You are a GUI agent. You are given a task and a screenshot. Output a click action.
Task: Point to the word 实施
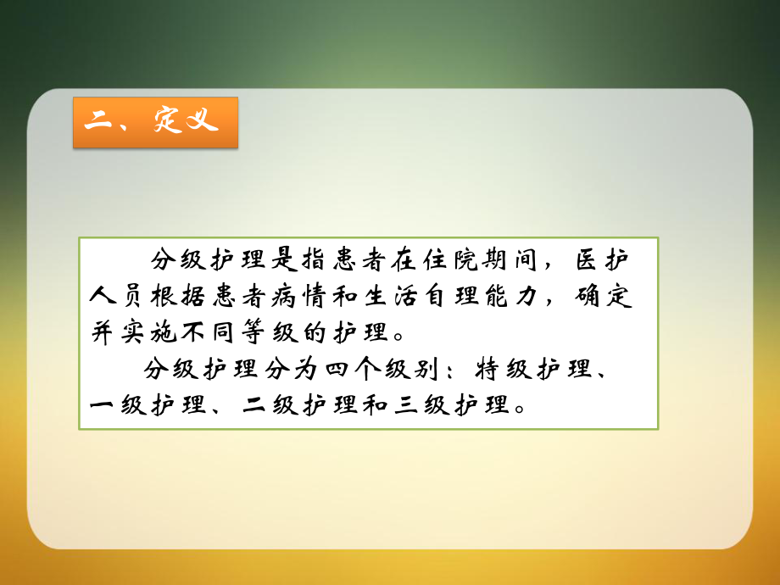[150, 330]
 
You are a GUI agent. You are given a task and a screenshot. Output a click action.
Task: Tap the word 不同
[212, 330]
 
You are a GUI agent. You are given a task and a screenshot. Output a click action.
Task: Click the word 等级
[273, 330]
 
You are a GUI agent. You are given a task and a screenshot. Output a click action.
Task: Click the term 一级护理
[150, 405]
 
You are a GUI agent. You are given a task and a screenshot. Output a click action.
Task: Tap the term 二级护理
[303, 405]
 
